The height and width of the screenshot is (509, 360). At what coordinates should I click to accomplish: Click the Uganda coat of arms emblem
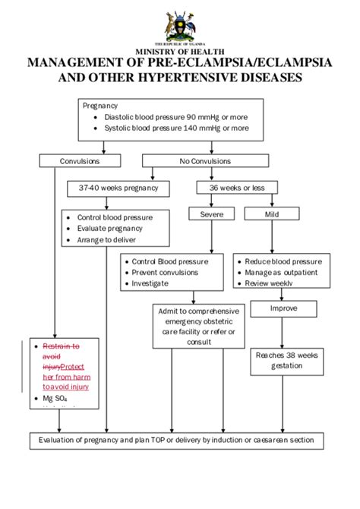click(x=180, y=27)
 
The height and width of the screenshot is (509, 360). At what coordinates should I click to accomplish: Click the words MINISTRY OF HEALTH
click(x=180, y=51)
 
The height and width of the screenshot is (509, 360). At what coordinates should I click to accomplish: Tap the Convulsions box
click(x=80, y=160)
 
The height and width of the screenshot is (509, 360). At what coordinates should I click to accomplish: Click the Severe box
click(x=211, y=214)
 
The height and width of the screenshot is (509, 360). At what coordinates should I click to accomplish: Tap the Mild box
click(x=272, y=214)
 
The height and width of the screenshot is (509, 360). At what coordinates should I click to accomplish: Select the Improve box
click(x=283, y=308)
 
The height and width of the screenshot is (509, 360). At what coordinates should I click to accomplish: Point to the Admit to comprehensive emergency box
click(x=197, y=327)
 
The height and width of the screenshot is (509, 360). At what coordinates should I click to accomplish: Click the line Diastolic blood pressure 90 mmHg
click(x=175, y=118)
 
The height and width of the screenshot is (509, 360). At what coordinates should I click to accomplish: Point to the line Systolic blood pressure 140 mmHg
click(x=175, y=128)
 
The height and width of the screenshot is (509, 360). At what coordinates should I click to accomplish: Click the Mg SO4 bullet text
click(x=46, y=398)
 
